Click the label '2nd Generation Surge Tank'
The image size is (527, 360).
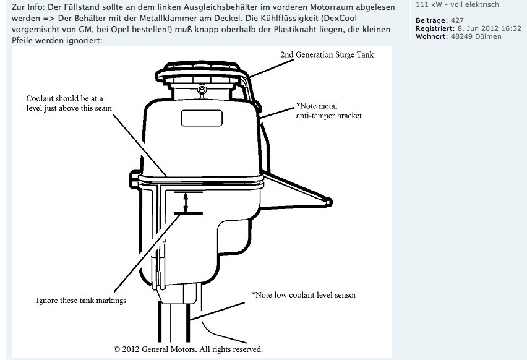(327, 54)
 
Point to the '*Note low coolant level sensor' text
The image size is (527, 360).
(303, 294)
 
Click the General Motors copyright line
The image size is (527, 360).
(188, 349)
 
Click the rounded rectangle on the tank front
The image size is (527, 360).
(198, 118)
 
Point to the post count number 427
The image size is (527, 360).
(458, 20)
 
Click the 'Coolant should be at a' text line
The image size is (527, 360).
(64, 98)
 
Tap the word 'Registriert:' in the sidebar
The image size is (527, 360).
(435, 28)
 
